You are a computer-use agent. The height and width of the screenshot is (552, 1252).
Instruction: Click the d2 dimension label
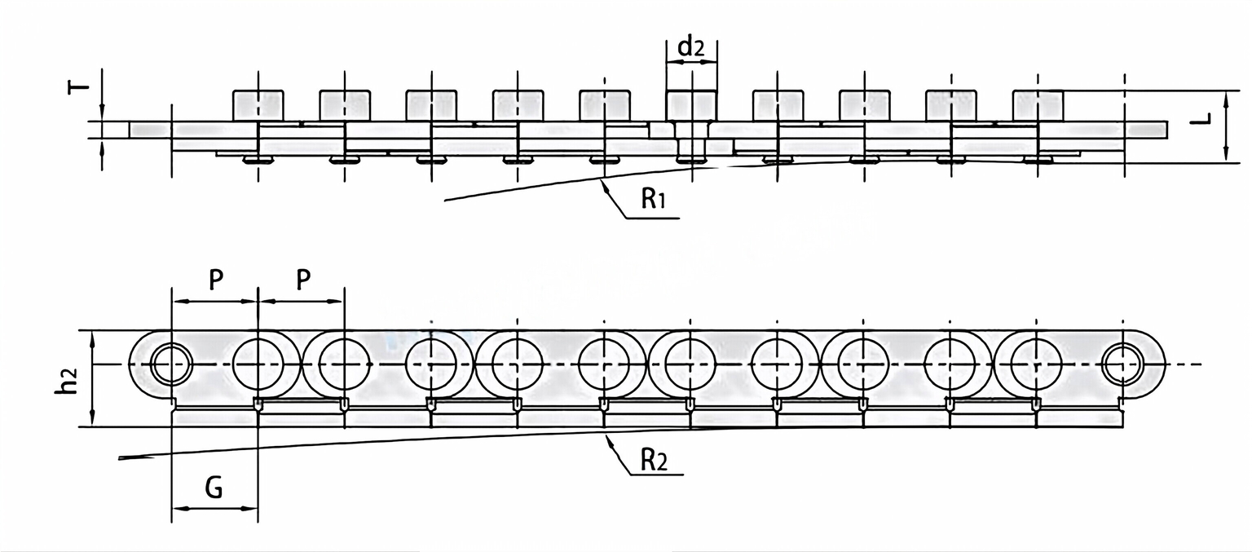[x=691, y=47]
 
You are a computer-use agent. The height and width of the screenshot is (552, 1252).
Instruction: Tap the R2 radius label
[x=653, y=461]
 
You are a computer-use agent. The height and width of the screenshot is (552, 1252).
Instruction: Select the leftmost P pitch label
[x=215, y=280]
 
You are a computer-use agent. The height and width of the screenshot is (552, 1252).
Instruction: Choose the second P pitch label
[x=302, y=280]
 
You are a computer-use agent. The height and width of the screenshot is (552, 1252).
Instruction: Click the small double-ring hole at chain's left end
[x=171, y=364]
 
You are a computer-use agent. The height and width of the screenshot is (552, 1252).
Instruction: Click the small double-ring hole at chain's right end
[x=1123, y=364]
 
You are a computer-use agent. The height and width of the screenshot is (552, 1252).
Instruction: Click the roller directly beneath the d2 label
[x=691, y=105]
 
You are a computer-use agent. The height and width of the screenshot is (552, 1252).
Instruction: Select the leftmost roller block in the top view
[x=258, y=105]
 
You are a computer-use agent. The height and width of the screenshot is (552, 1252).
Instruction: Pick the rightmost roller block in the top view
[x=1037, y=105]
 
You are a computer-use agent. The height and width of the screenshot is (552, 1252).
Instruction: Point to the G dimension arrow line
[x=214, y=509]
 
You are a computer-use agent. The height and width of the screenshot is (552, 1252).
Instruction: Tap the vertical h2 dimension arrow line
[x=93, y=378]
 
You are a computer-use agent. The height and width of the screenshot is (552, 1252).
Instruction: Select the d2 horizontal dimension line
[x=691, y=62]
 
